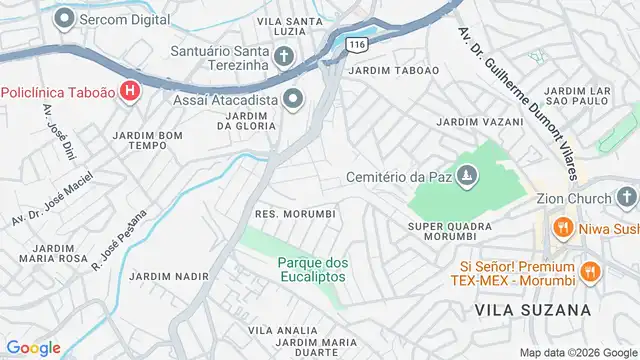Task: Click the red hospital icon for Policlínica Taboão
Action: (x=129, y=92)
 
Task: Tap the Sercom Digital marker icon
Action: (x=66, y=17)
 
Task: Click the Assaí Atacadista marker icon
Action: (x=293, y=97)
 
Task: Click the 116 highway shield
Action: (x=355, y=43)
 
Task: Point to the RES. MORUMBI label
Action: (x=295, y=214)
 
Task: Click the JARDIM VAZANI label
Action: (x=480, y=122)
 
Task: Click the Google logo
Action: (x=33, y=347)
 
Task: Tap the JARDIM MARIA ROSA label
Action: (x=46, y=252)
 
